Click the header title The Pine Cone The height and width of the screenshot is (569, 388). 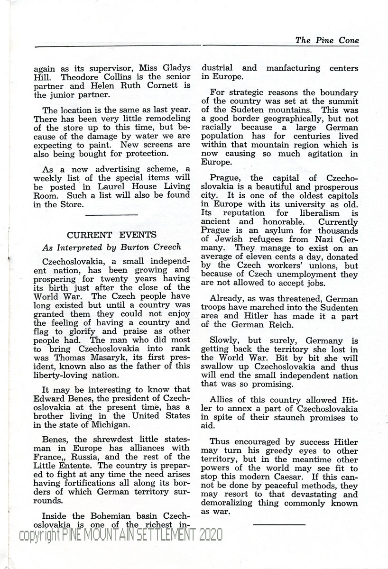point(327,40)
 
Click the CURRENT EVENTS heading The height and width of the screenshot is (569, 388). point(111,235)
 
